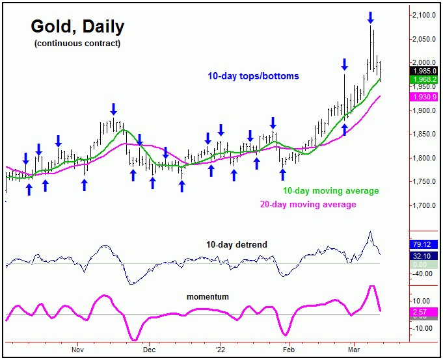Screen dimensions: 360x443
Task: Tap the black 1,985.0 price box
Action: (x=424, y=71)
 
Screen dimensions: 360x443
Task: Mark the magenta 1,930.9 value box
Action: (x=424, y=97)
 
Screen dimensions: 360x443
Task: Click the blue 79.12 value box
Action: (x=424, y=245)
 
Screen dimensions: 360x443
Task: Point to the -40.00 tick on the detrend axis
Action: (x=424, y=274)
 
